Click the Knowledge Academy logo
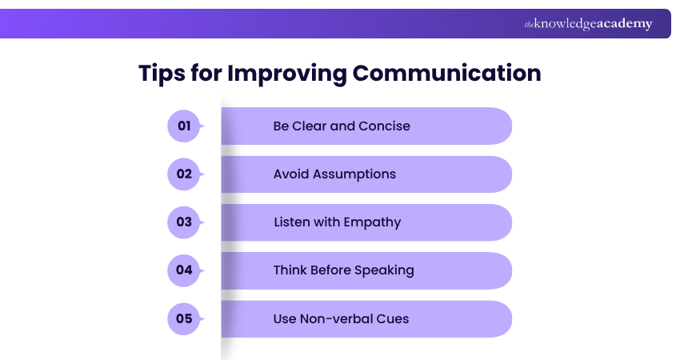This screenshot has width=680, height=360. pyautogui.click(x=588, y=24)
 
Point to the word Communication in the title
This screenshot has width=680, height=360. pyautogui.click(x=446, y=73)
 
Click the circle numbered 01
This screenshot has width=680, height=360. pyautogui.click(x=184, y=126)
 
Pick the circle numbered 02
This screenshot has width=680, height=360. pyautogui.click(x=184, y=174)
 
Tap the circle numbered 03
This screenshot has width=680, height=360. pyautogui.click(x=184, y=222)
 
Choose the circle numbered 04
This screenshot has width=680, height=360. pyautogui.click(x=184, y=270)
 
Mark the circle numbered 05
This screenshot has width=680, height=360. pyautogui.click(x=184, y=318)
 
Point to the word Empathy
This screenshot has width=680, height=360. pyautogui.click(x=372, y=222)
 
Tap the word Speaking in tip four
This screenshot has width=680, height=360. pyautogui.click(x=386, y=270)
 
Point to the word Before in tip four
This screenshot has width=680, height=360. pyautogui.click(x=332, y=270)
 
